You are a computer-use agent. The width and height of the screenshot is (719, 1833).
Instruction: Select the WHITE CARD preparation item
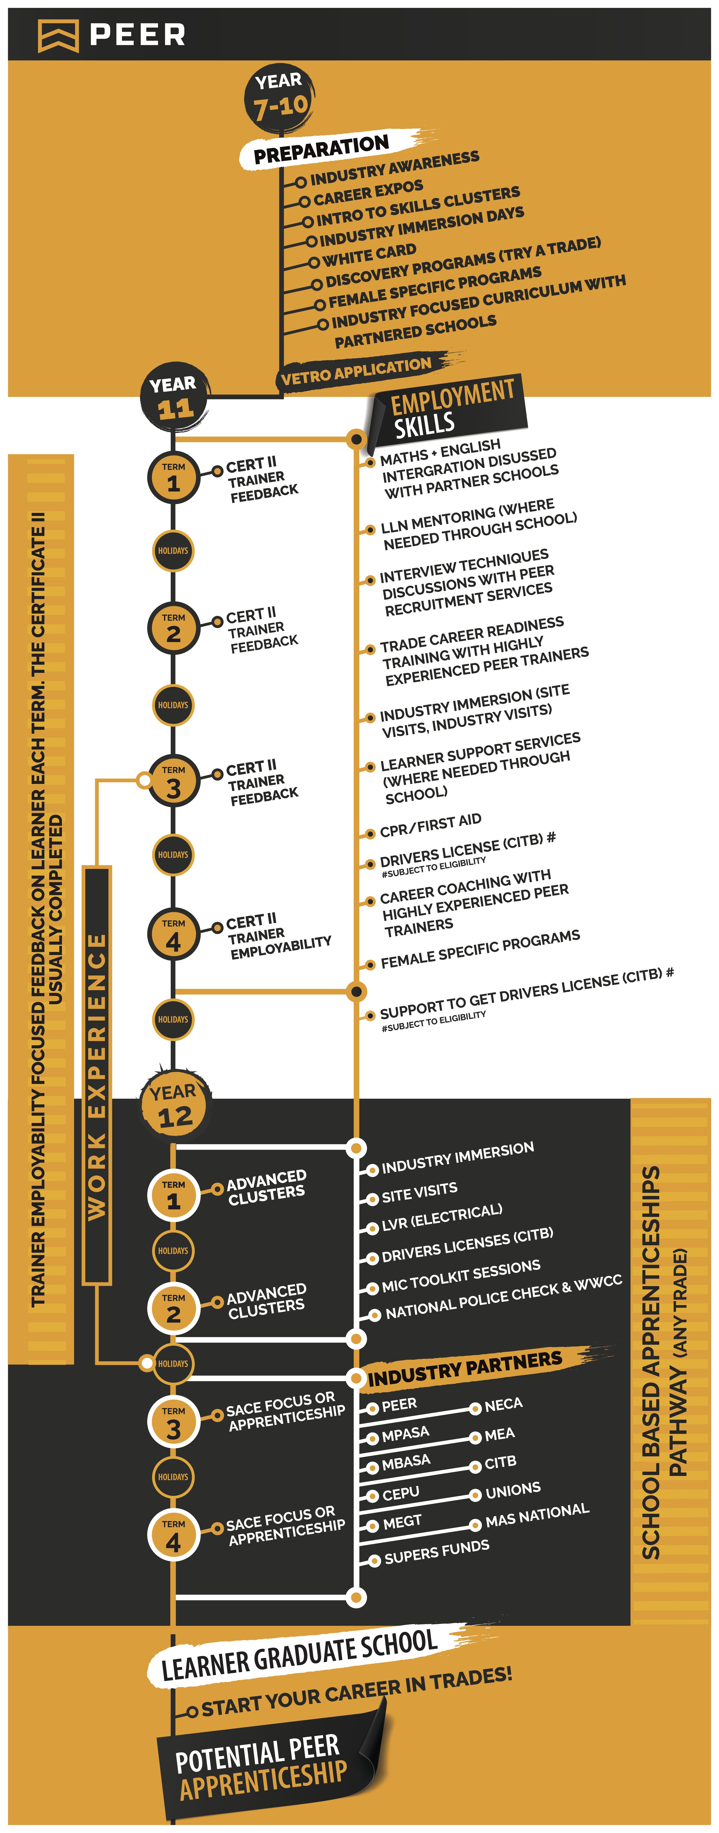pos(369,253)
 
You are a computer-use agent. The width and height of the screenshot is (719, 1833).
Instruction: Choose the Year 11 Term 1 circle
pos(173,478)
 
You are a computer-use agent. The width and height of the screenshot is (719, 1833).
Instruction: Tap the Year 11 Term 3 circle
pos(173,781)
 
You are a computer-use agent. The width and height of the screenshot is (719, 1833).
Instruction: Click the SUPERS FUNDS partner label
pos(436,1551)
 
